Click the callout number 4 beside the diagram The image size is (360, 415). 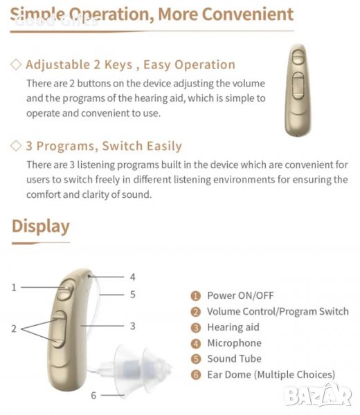tap(132, 277)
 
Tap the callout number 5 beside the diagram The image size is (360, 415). tap(133, 295)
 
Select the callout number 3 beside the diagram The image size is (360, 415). tap(133, 326)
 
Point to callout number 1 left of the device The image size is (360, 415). tap(14, 288)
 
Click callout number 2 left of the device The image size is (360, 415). tap(14, 329)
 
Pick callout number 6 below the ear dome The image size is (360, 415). tap(93, 396)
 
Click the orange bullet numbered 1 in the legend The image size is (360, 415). tap(196, 296)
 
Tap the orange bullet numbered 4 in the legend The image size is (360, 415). tap(196, 344)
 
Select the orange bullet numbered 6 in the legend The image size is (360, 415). tap(196, 375)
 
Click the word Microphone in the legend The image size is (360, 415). tap(235, 343)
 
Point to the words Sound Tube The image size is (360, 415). tap(235, 358)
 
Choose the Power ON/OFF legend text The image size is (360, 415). tap(240, 295)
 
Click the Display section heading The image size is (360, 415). tap(41, 227)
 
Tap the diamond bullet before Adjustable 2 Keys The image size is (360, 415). tap(16, 64)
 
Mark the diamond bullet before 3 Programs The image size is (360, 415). tap(16, 146)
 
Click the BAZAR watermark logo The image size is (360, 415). tap(318, 396)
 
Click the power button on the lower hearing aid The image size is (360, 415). tap(66, 289)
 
